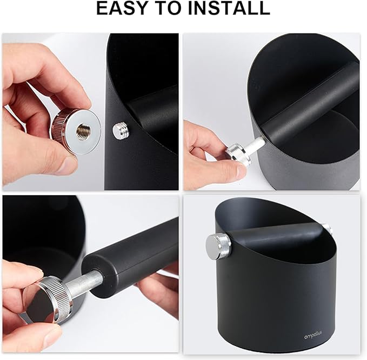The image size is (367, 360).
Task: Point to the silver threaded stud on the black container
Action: point(119,130)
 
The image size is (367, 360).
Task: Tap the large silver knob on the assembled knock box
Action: point(217,246)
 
